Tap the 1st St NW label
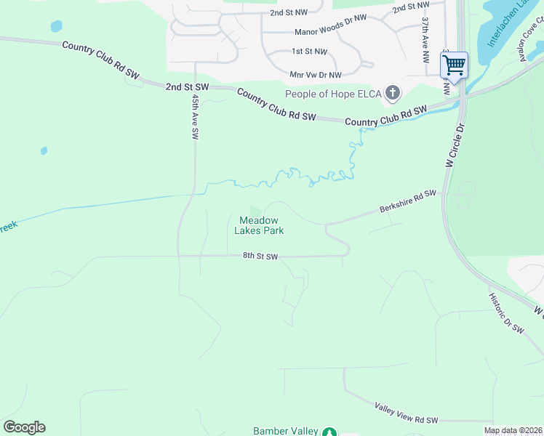point(309,52)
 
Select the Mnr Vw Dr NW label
point(316,75)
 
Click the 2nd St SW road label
point(187,86)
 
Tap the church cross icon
point(393,92)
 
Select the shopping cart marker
point(455,65)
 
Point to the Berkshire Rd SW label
point(407,203)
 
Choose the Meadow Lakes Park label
point(259,225)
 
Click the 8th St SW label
point(260,257)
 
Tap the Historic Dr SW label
point(506,313)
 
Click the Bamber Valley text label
point(286,431)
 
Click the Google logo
point(24,427)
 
